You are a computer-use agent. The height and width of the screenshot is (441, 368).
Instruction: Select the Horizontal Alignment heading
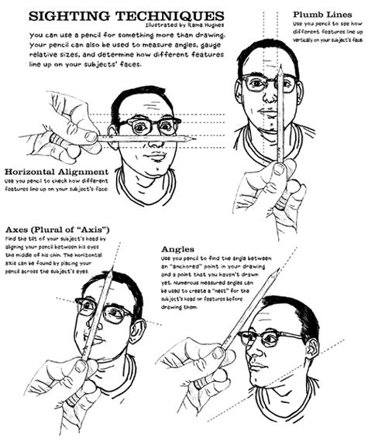56,171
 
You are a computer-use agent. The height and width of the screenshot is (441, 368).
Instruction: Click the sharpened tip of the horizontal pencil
194,138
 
